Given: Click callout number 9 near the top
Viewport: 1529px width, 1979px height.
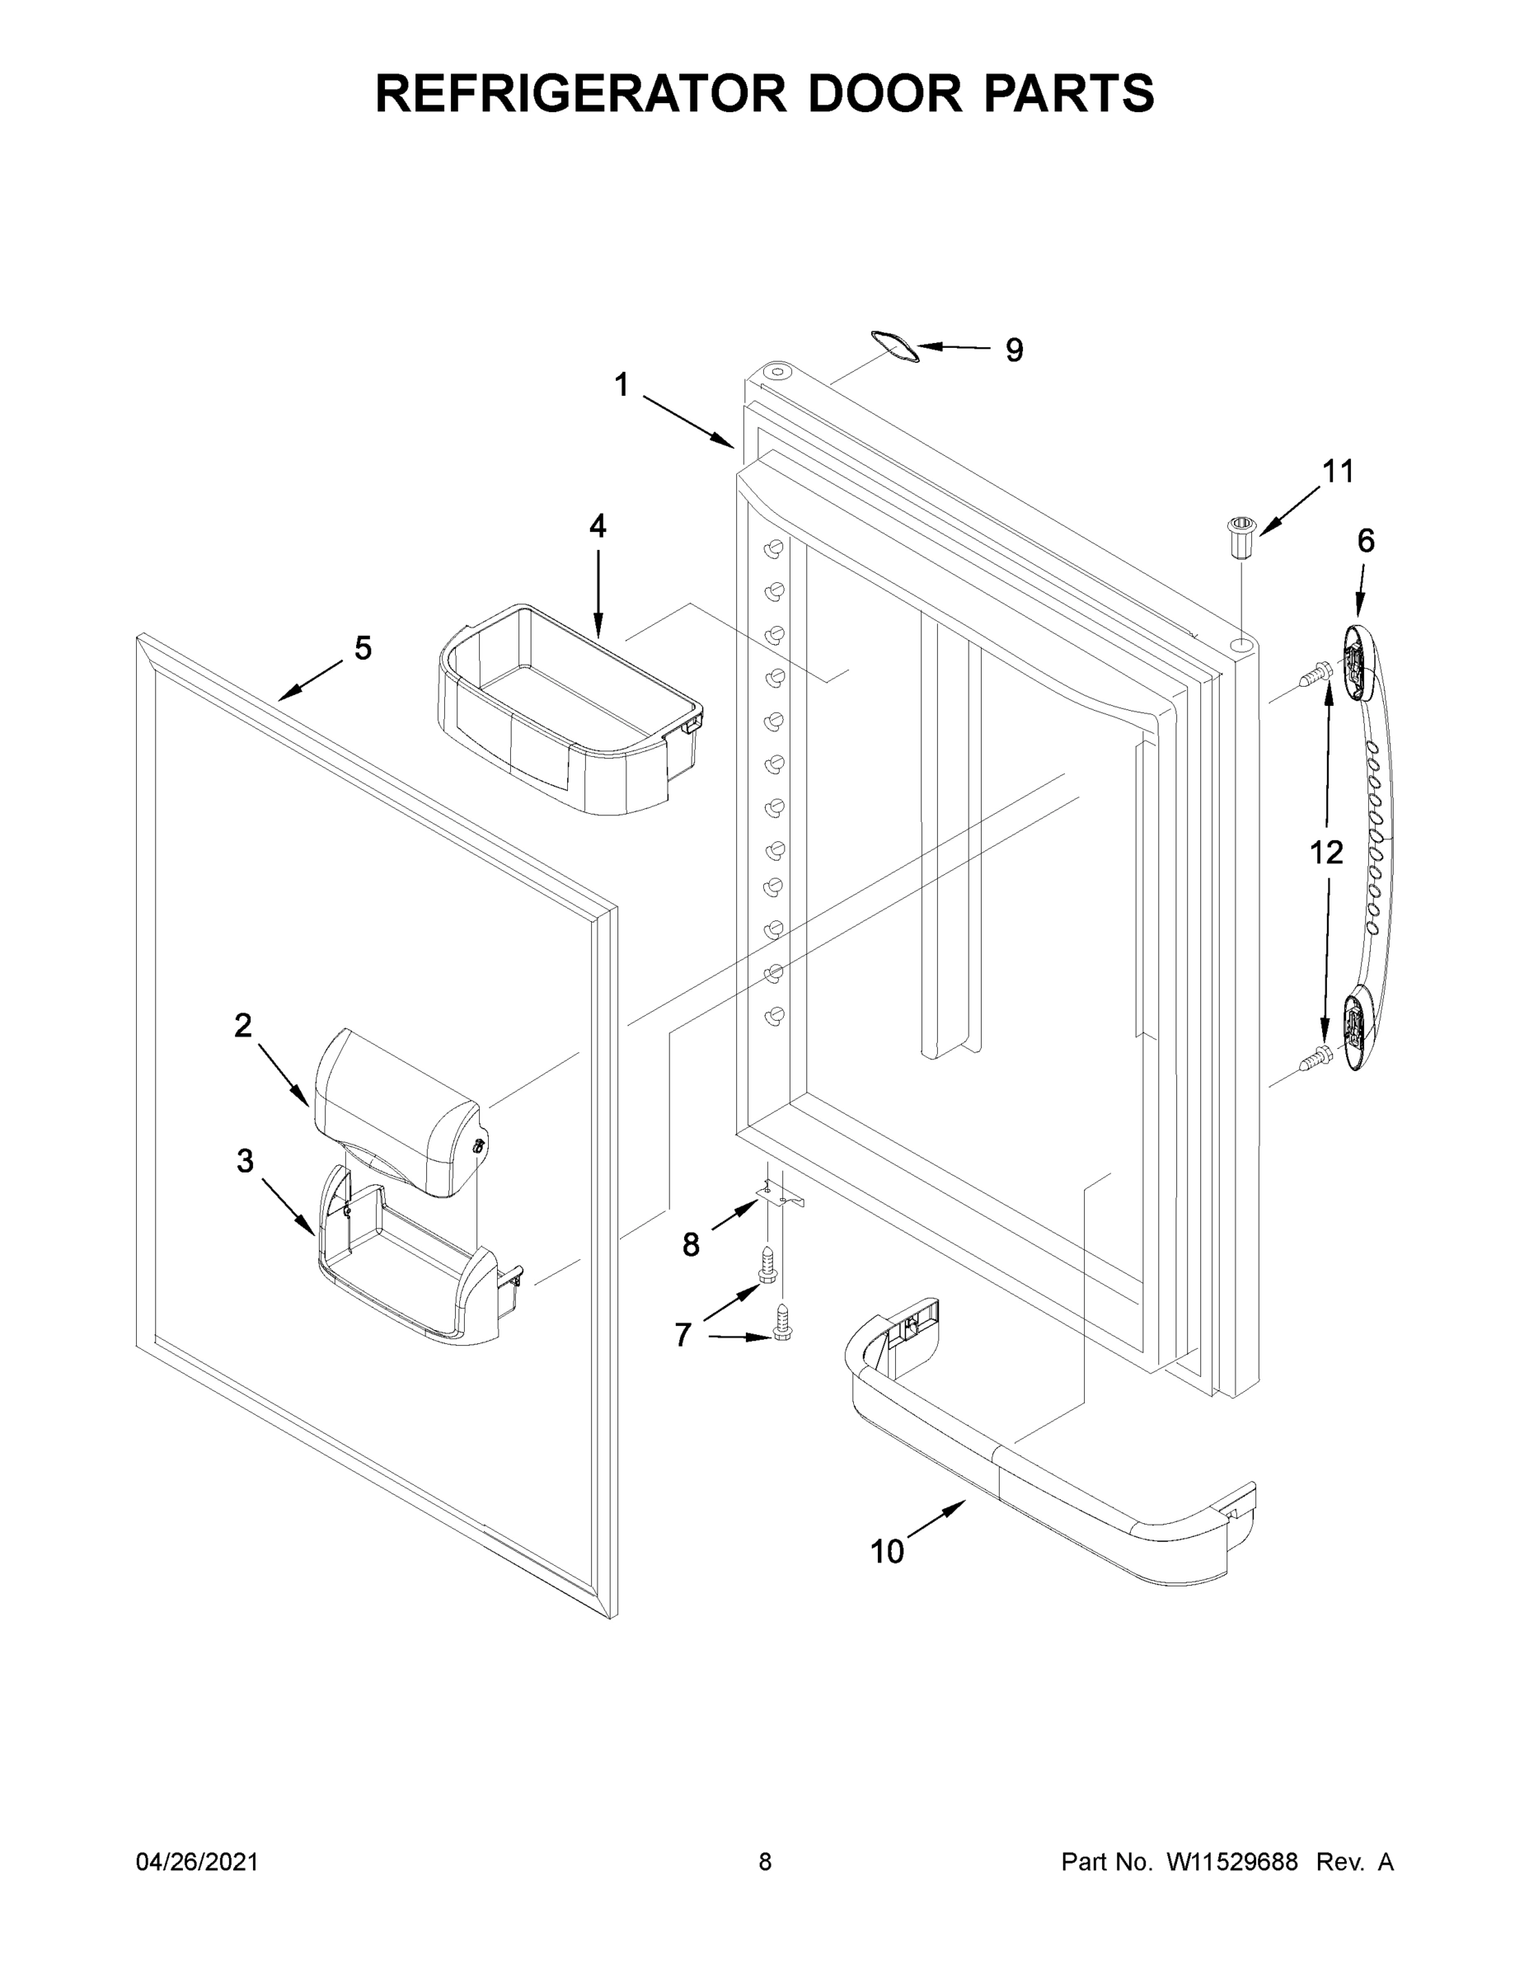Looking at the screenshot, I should (1014, 350).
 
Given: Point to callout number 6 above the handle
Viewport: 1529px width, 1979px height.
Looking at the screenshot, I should (1365, 541).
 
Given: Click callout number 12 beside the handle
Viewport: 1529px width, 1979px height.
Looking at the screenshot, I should (1326, 852).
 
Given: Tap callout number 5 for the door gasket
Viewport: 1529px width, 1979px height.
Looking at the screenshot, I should (363, 648).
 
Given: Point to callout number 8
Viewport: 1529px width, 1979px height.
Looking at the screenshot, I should (690, 1245).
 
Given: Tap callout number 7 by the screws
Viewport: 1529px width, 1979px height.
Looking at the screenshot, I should (683, 1334).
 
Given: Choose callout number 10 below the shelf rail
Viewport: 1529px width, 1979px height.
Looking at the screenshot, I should (887, 1552).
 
